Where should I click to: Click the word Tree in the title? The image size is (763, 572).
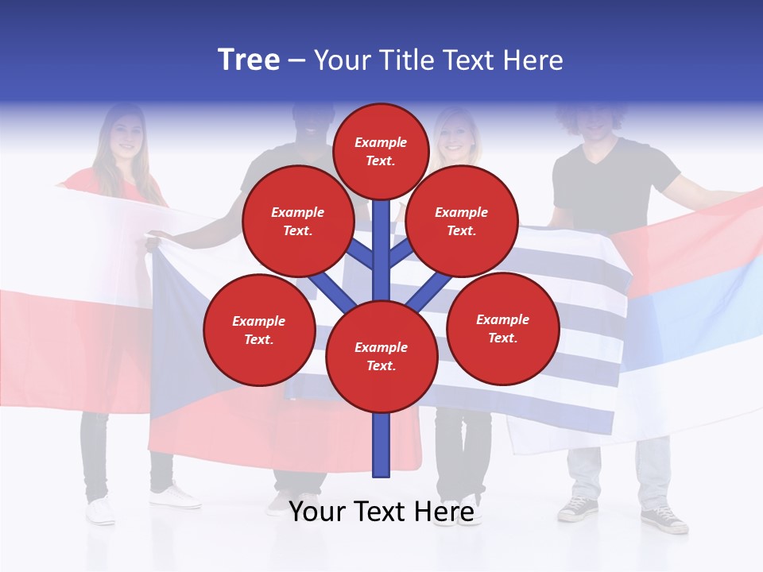pos(249,60)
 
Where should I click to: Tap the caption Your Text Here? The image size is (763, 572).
pos(381,512)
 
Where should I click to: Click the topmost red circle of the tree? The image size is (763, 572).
pos(381,151)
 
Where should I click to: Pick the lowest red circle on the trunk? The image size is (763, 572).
pos(381,356)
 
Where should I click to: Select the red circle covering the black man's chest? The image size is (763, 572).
pos(297,221)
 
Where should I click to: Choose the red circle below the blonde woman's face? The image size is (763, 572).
pos(461,221)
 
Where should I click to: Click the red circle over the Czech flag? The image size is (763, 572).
pos(258,330)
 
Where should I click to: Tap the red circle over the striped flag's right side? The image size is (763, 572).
pos(502,328)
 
